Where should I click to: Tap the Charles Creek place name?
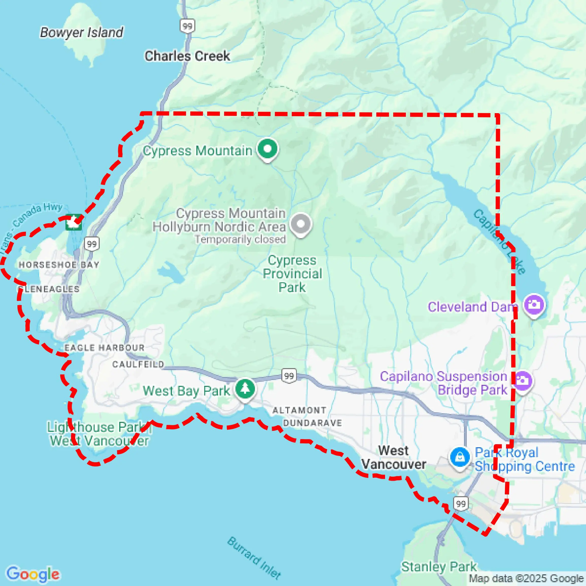coord(187,56)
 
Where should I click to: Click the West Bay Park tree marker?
coord(245,389)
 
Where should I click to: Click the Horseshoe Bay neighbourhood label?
coord(59,265)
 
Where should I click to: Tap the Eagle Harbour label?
coord(104,348)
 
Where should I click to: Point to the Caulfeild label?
coord(138,364)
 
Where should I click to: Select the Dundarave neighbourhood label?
coord(313,423)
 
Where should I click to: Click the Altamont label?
coord(299,410)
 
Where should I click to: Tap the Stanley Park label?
coord(439,566)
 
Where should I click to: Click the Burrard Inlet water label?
coord(254,558)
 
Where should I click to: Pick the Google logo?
coord(33,574)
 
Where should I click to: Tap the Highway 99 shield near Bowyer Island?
coord(187,26)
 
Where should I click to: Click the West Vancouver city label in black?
coord(393,458)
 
